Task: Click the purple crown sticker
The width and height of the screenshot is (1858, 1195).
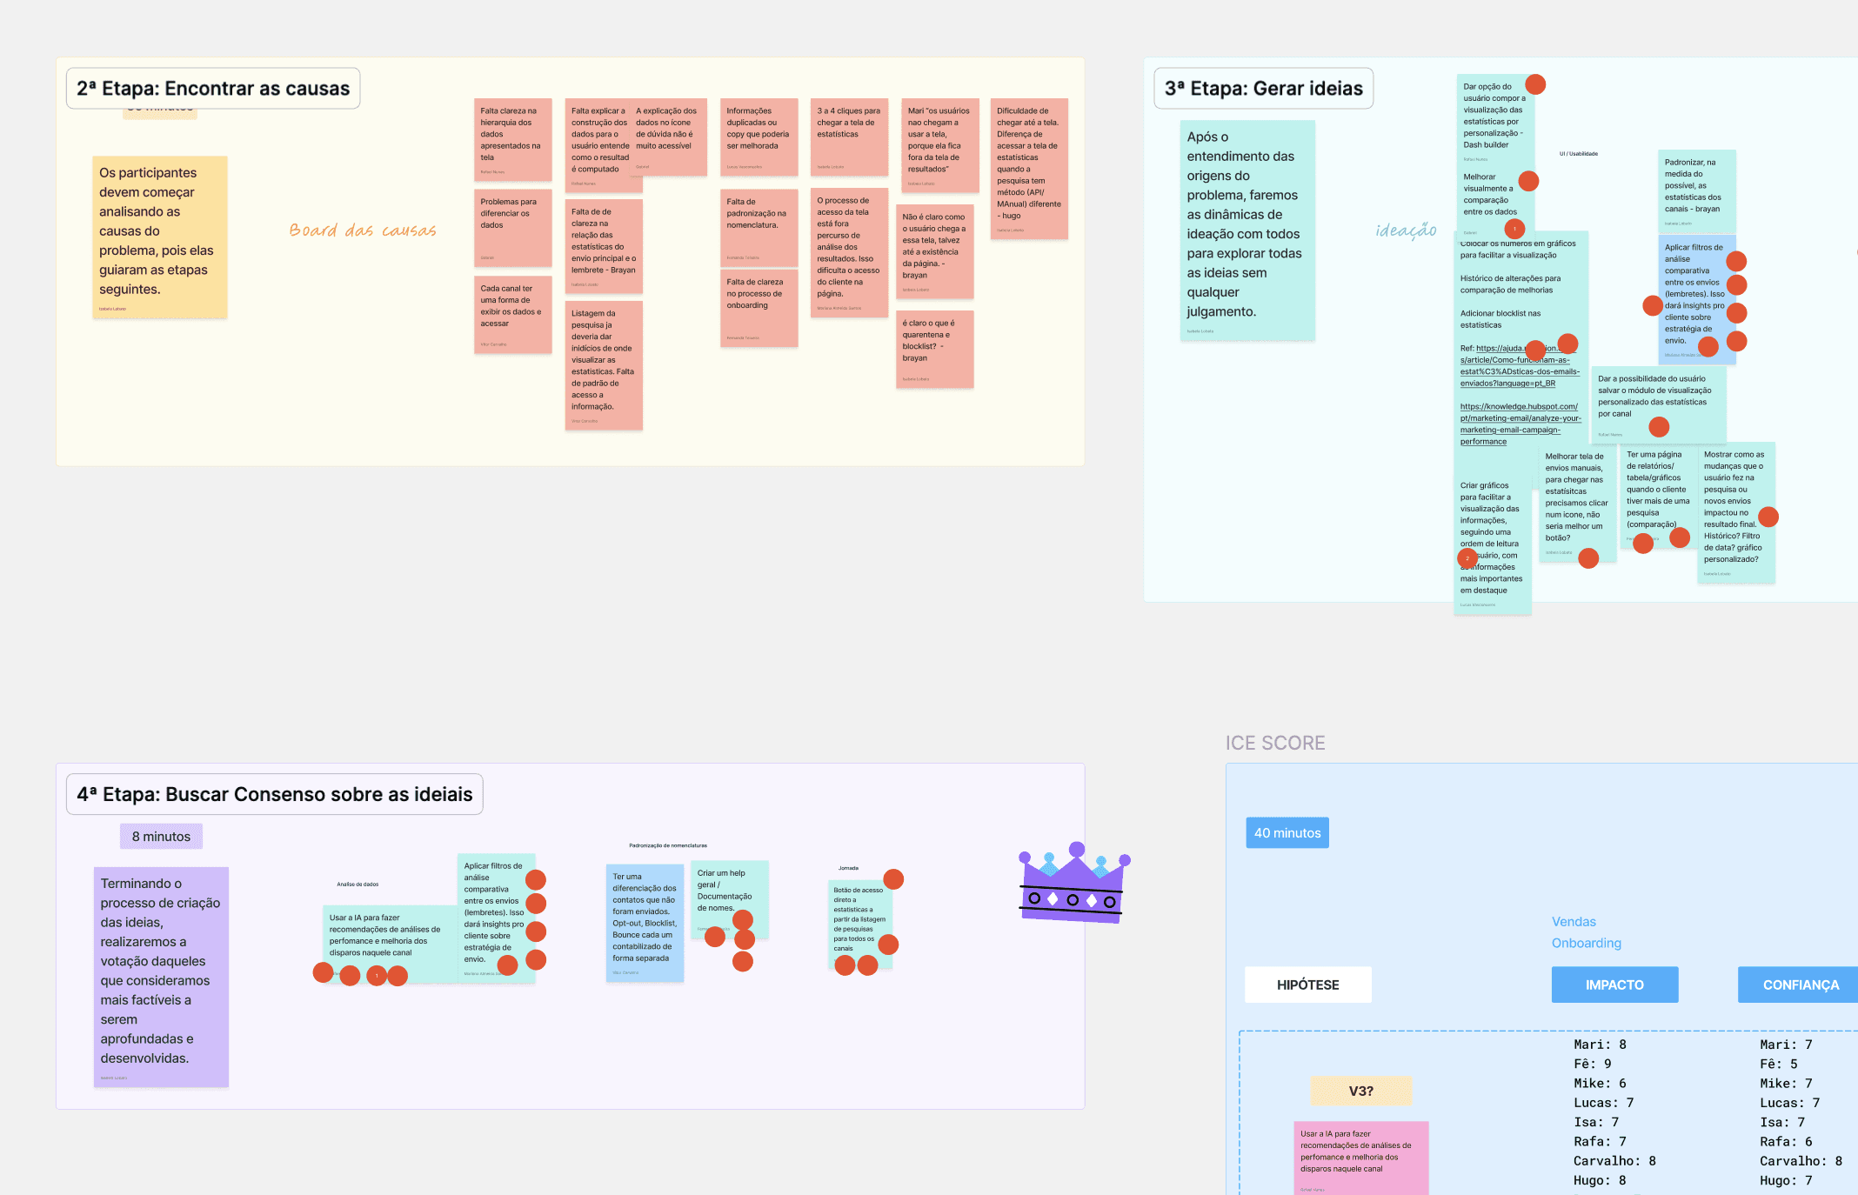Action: click(1073, 884)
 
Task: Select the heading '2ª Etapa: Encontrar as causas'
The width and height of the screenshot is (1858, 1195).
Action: click(213, 89)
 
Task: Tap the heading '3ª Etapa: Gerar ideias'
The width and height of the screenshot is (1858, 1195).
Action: click(1263, 89)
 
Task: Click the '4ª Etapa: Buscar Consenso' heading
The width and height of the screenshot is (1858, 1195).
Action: click(274, 794)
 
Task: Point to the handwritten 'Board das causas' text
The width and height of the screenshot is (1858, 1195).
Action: click(363, 230)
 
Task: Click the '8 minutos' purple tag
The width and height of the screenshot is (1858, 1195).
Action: click(161, 837)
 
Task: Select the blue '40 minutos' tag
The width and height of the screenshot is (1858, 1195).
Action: click(1287, 833)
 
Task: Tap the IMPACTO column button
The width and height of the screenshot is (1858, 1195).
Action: click(1614, 985)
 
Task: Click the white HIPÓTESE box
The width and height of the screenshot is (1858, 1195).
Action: click(1307, 985)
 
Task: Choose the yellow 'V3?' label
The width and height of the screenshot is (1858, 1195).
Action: click(1360, 1091)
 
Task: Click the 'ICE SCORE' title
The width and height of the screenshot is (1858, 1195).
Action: click(1275, 743)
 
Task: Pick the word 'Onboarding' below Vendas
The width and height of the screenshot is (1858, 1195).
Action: click(1586, 943)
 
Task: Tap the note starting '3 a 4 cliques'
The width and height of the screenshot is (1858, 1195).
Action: click(849, 136)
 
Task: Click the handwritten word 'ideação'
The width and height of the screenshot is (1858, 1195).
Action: click(1406, 230)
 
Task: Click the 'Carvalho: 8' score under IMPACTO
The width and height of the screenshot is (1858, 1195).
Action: click(1614, 1161)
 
